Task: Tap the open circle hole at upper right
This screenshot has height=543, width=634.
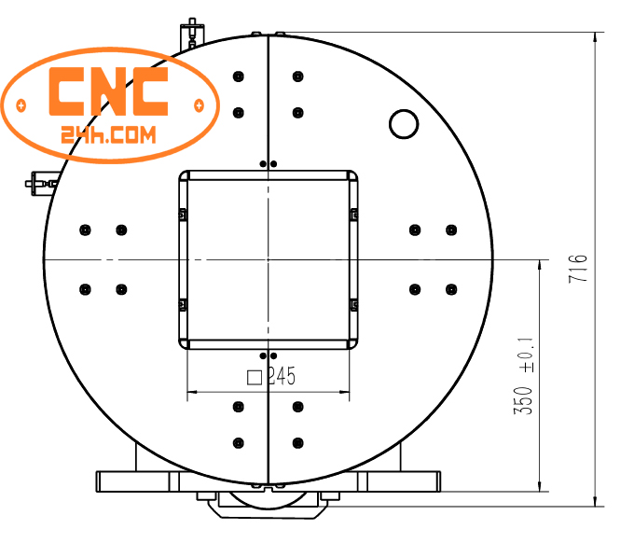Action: (x=404, y=123)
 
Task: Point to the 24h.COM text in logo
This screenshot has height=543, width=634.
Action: (x=110, y=135)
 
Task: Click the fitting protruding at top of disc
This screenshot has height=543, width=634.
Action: (x=192, y=33)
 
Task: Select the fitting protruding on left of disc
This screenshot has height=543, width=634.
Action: (x=39, y=181)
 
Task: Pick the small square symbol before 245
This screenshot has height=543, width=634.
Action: (x=253, y=377)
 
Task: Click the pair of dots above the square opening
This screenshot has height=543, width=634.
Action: (x=269, y=164)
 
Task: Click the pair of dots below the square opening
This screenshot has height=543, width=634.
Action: (x=269, y=355)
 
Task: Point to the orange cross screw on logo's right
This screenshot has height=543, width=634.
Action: (x=198, y=104)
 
